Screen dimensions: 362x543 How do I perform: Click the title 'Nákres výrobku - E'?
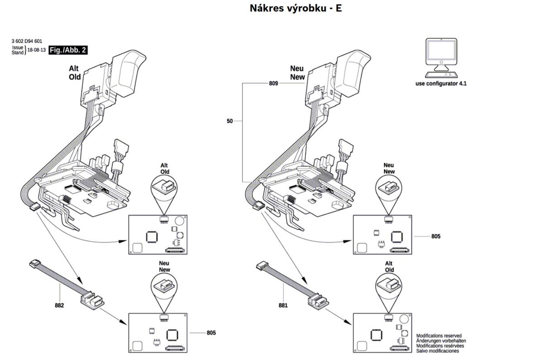295,9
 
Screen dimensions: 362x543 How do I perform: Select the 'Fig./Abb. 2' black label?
67,50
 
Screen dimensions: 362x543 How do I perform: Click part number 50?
230,121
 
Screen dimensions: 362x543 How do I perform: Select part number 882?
59,305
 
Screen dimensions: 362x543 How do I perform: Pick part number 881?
283,305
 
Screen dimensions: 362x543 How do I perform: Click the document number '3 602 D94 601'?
27,42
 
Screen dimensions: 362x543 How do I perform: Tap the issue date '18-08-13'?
37,50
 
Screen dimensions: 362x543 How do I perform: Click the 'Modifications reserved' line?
438,336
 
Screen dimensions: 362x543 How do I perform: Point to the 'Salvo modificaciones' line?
437,351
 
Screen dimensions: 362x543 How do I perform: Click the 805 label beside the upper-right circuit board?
435,236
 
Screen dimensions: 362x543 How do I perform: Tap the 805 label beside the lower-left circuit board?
211,333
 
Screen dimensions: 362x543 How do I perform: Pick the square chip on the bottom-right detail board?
376,335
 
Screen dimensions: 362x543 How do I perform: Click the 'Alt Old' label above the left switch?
75,72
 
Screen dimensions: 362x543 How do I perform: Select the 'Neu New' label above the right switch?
297,72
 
